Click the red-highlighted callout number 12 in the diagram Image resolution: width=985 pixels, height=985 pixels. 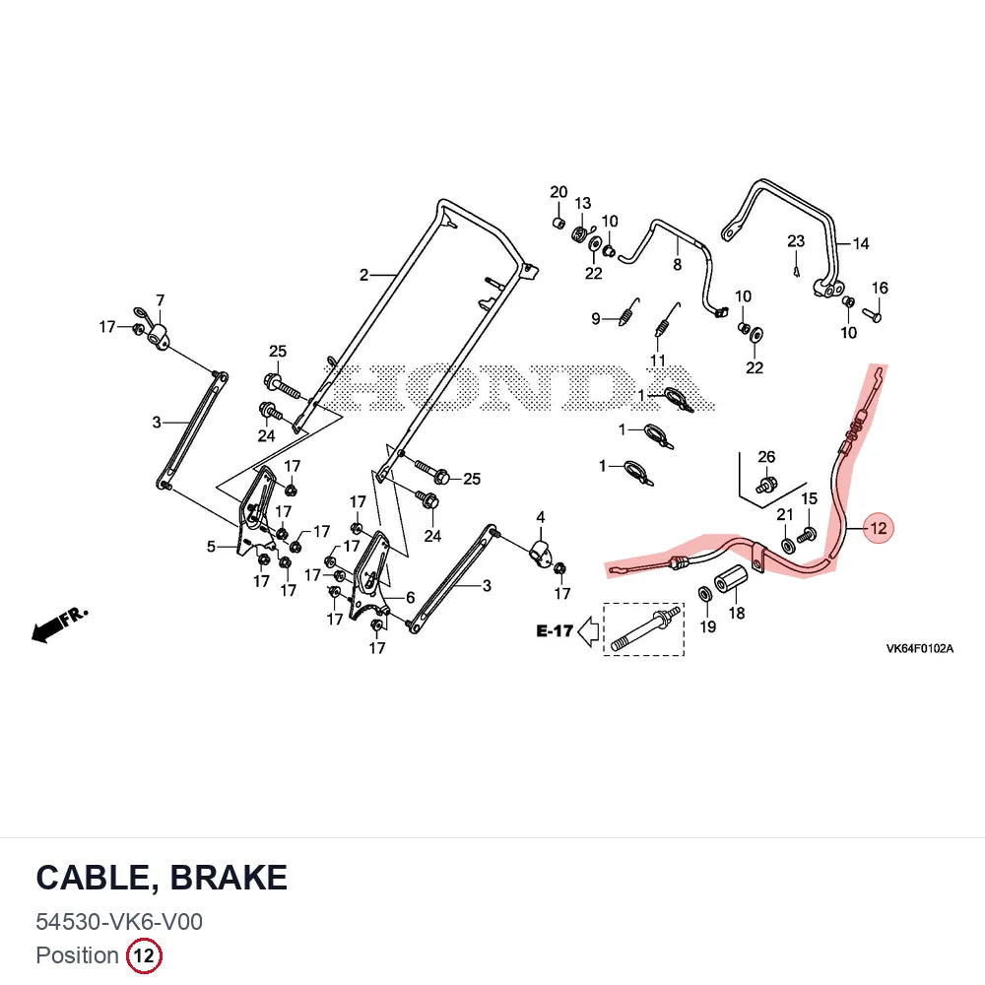(x=878, y=528)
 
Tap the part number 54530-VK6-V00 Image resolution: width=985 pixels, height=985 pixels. (x=119, y=922)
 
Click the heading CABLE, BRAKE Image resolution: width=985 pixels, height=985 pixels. (x=162, y=878)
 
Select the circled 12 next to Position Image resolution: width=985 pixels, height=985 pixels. (x=145, y=955)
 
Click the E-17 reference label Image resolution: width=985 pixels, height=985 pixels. (x=555, y=630)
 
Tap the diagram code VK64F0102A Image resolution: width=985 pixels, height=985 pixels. (x=920, y=648)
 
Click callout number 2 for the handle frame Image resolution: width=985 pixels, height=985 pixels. (x=363, y=275)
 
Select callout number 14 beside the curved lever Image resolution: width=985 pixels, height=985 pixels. (x=861, y=243)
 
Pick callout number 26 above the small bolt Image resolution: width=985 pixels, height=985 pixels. (x=766, y=457)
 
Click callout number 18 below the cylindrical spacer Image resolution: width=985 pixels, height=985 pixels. (x=737, y=613)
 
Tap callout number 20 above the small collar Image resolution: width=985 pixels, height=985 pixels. (x=558, y=192)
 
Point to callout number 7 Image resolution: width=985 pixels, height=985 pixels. (x=161, y=300)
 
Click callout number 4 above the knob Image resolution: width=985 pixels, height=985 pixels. (x=540, y=518)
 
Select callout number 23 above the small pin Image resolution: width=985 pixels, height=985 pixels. (x=796, y=241)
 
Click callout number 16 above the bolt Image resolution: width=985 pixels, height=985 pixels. (x=880, y=288)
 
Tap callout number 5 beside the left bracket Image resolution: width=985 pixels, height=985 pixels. (x=211, y=547)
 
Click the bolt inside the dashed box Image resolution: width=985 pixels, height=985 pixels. (x=644, y=629)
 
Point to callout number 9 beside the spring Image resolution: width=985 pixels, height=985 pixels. (x=596, y=318)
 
